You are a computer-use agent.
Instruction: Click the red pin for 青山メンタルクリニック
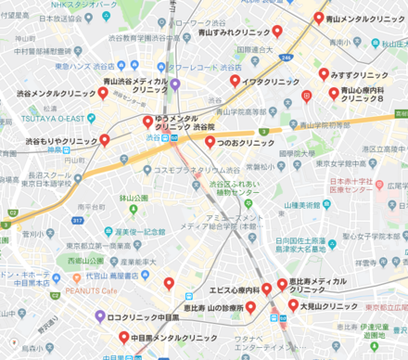click(319, 18)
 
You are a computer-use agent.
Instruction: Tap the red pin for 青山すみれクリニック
click(276, 32)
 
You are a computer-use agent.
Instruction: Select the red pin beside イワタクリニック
click(236, 81)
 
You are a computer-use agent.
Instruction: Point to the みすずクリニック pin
click(324, 74)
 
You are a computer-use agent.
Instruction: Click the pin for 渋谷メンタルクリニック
click(103, 93)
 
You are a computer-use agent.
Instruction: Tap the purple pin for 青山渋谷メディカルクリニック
click(174, 84)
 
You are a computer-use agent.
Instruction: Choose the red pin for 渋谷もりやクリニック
click(105, 141)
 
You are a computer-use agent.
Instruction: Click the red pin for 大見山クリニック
click(293, 304)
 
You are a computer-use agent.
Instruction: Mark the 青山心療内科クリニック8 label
click(369, 95)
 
